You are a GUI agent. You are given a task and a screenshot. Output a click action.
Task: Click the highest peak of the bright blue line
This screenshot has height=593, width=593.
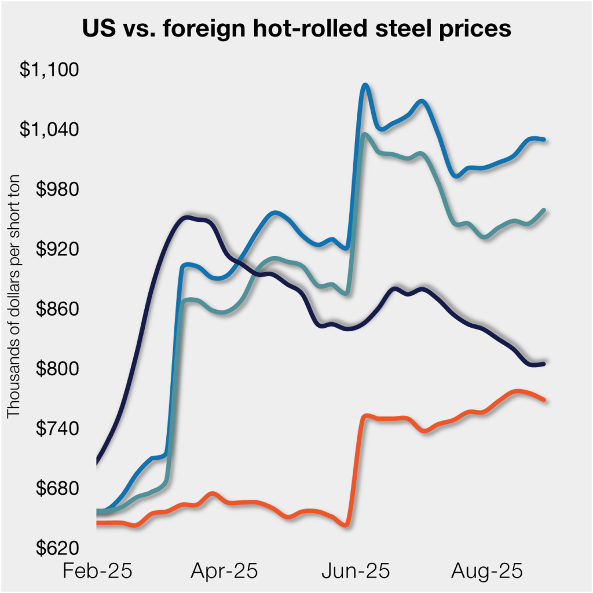[x=365, y=86]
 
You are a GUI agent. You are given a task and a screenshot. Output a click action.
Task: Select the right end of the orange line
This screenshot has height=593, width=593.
[x=544, y=400]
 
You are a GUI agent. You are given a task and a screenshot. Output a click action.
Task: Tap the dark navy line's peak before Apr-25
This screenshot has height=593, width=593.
[x=186, y=218]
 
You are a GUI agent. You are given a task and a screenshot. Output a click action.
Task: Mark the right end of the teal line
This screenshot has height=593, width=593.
[x=544, y=210]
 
